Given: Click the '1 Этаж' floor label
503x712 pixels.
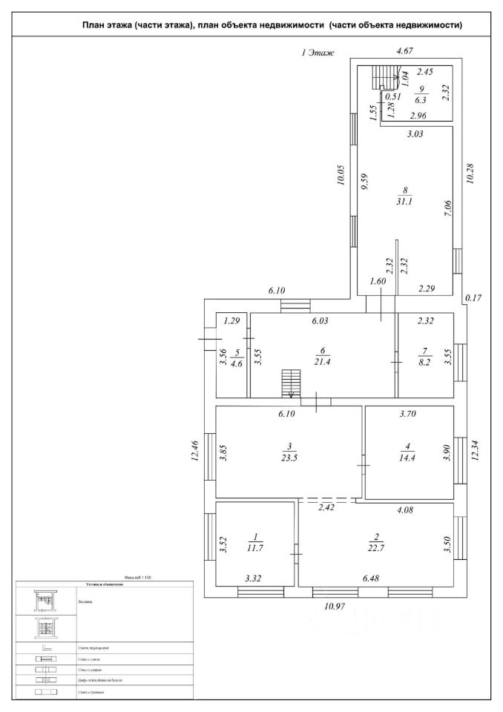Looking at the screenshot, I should coord(318,53).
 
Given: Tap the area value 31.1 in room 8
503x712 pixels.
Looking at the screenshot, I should coord(407,200).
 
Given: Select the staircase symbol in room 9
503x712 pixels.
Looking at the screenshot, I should coord(385,76).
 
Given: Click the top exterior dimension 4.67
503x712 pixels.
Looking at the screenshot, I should coord(405,51).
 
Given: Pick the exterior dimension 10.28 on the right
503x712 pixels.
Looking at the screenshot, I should coord(467,174).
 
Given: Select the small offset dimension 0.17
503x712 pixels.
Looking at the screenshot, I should coord(472,298).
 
